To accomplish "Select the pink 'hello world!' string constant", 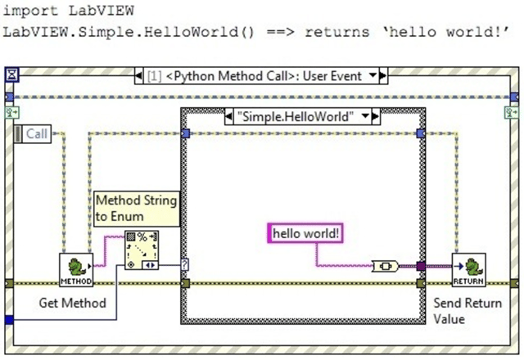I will pyautogui.click(x=305, y=234).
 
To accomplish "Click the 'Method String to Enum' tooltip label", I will pyautogui.click(x=136, y=206).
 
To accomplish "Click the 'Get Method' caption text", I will pyautogui.click(x=72, y=303).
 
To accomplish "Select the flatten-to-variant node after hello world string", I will pyautogui.click(x=385, y=266).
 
